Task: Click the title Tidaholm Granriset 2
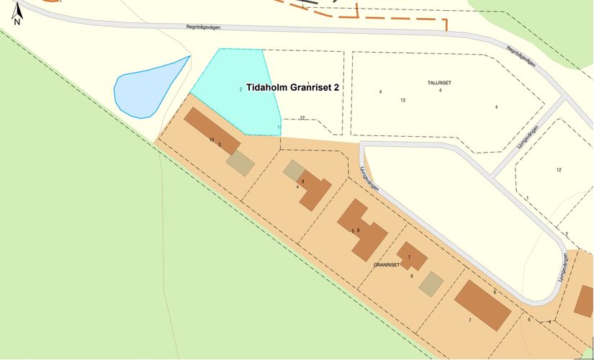tap(292, 87)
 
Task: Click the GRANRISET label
tap(387, 265)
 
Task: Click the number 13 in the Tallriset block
tap(403, 99)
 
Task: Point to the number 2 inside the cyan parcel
tap(240, 89)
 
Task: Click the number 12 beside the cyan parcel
tap(302, 117)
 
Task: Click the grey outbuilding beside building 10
tap(240, 163)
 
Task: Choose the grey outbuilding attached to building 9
tap(293, 170)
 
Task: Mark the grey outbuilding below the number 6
tap(431, 283)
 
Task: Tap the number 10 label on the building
tap(212, 139)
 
